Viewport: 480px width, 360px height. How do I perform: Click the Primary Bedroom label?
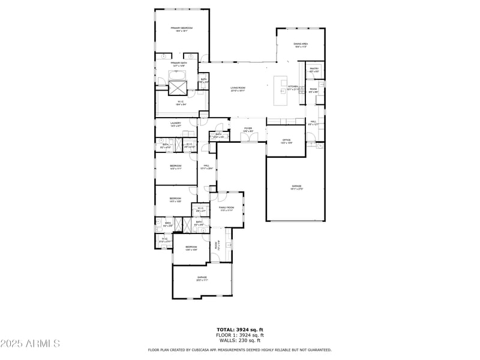pos(181,28)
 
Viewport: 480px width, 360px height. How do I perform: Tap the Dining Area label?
pos(301,44)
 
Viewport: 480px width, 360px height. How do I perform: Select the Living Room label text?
pos(238,88)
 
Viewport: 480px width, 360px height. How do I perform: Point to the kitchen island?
pos(280,88)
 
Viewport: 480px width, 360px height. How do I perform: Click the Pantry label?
pos(314,69)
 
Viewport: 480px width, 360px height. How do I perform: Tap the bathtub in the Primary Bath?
pos(178,76)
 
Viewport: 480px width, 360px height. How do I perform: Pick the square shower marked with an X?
pos(178,88)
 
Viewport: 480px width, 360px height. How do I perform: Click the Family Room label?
pos(226,207)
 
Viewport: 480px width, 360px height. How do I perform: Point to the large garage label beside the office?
pos(296,186)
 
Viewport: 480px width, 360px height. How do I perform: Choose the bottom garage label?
pos(202,277)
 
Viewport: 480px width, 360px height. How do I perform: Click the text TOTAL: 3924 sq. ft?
pos(240,330)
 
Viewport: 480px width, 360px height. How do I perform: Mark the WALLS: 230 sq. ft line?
pos(240,340)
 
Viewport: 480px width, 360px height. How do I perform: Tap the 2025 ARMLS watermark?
pos(31,344)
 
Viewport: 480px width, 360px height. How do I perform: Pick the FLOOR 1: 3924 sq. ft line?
pos(240,335)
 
